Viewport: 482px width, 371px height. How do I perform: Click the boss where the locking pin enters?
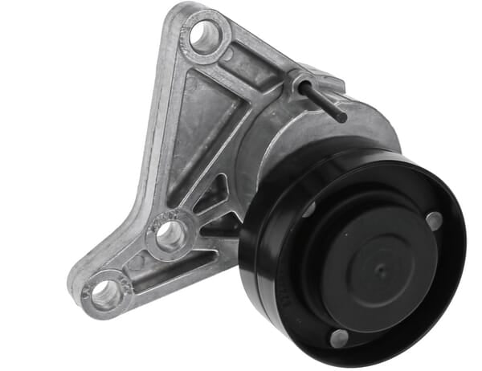pos(302,79)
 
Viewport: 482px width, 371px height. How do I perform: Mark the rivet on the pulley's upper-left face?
pos(309,210)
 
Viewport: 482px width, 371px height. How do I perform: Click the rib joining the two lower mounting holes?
pos(137,265)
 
